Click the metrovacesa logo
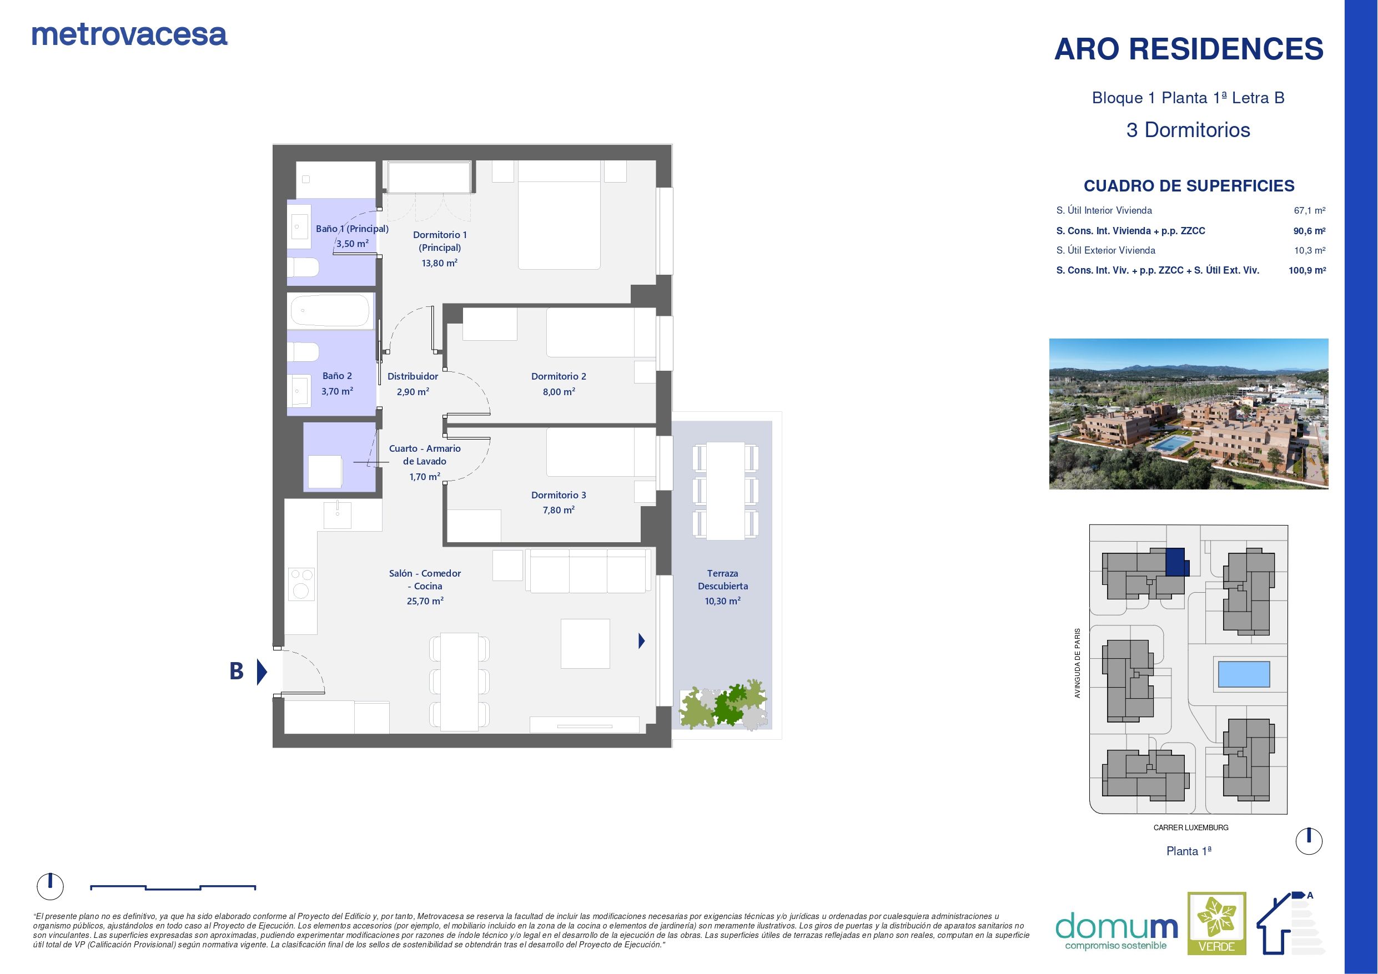coord(129,36)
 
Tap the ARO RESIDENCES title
coord(1188,49)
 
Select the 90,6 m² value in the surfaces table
coord(1309,231)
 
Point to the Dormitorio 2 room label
coord(558,376)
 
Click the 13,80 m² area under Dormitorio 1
coord(439,263)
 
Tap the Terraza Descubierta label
coord(723,580)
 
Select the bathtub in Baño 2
coord(329,311)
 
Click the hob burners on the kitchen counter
coord(301,584)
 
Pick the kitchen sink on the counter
coord(338,514)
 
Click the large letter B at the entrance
coord(237,671)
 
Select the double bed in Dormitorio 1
coord(559,225)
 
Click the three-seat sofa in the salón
coord(588,571)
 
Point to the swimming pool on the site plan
coord(1243,674)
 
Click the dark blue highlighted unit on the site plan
coord(1176,563)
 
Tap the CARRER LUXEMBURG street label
coord(1190,827)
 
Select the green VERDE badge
coord(1216,931)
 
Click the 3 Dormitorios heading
coord(1188,130)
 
